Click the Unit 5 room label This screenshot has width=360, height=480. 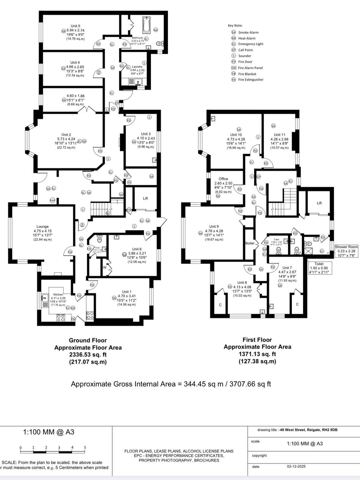point(75,26)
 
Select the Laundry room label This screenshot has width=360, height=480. point(137,67)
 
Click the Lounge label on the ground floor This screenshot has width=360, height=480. point(43,226)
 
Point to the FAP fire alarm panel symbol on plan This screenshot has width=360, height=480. point(52,200)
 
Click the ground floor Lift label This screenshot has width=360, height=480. point(145,198)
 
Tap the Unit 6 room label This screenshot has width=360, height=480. point(137,249)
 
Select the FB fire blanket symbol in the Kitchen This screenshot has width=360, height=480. point(73,319)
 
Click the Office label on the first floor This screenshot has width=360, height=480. point(223,179)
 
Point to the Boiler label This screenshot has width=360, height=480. point(250,243)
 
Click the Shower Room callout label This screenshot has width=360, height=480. point(346,247)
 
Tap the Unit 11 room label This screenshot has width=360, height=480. point(279,135)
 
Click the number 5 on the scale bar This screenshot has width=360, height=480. point(85,447)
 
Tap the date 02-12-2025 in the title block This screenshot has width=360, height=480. point(296,466)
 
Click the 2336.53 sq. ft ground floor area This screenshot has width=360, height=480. point(88,355)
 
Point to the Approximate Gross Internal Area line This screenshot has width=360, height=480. point(171,384)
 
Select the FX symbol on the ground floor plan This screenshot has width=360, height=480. point(129,182)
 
